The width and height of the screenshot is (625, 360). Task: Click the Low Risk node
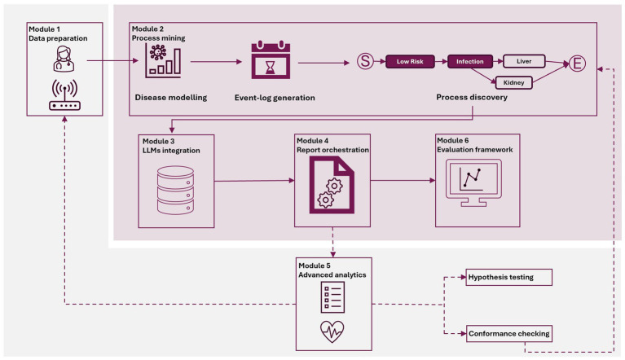(x=410, y=61)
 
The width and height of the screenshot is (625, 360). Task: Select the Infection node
(x=470, y=61)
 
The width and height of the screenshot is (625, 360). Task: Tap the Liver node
(x=524, y=61)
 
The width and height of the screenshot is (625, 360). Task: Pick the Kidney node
(x=514, y=82)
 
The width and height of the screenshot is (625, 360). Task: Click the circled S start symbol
(x=365, y=61)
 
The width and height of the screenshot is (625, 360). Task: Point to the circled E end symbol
(x=577, y=64)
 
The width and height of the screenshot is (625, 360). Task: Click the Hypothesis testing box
(x=509, y=277)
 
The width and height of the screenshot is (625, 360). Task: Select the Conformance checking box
(x=509, y=334)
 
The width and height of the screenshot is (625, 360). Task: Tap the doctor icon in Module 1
(x=64, y=59)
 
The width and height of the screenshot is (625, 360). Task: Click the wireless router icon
(x=64, y=94)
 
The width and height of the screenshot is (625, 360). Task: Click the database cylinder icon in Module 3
(x=175, y=191)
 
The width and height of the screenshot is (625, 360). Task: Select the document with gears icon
(x=332, y=185)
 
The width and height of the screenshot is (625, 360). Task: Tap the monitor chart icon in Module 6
(x=473, y=182)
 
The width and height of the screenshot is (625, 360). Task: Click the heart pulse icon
(x=332, y=331)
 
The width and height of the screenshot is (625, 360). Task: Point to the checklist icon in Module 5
(x=332, y=297)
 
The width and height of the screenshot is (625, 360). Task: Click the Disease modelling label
(x=171, y=98)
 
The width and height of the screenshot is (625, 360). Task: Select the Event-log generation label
(x=275, y=98)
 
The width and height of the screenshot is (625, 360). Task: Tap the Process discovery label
(x=472, y=97)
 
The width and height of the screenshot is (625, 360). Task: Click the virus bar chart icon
(x=163, y=60)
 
